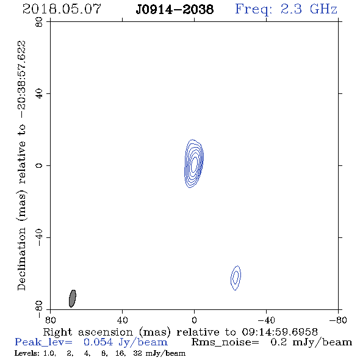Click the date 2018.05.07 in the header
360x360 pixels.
coord(62,9)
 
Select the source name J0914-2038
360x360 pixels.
coord(175,10)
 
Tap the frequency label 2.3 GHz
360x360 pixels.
coord(309,9)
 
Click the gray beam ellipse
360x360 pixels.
coord(73,298)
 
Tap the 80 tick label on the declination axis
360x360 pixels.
coord(39,22)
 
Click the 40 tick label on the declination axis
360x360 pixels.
coord(39,94)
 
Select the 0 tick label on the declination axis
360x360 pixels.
coord(39,165)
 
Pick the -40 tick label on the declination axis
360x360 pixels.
coord(39,237)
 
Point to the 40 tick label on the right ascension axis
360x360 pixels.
coord(122,320)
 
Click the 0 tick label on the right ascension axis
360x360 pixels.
coord(194,320)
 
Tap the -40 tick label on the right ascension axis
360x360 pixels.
coord(266,320)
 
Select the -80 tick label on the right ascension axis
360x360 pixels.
coord(338,320)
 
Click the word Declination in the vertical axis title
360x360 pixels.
coord(21,259)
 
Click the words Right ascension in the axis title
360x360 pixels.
coord(88,332)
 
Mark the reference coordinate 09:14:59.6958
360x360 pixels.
coord(280,332)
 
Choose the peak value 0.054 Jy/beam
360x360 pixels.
coord(126,342)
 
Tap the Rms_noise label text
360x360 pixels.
coord(225,342)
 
